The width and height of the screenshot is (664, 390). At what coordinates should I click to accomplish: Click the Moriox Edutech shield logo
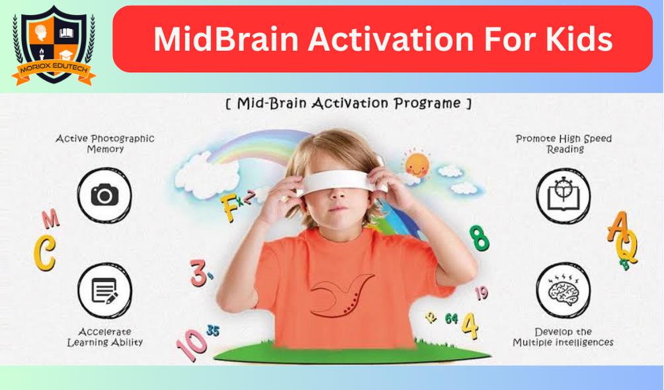pos(54,46)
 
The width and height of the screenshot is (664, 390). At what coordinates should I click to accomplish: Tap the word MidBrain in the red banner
pos(227,39)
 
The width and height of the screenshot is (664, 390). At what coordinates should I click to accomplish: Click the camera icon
pos(104,196)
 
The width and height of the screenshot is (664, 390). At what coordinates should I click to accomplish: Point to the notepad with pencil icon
pos(104,291)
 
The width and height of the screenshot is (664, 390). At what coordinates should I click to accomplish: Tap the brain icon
pos(563,290)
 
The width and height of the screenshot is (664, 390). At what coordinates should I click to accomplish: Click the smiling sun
pos(417,165)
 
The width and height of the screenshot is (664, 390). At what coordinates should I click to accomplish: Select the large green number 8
pos(479,238)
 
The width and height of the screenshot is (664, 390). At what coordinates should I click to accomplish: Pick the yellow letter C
pos(44,253)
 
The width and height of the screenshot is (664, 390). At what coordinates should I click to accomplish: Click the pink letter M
pos(51,219)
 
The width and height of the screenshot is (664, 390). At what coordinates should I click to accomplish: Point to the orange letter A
pos(618,227)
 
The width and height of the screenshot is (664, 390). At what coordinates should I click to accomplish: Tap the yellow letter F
pos(229,208)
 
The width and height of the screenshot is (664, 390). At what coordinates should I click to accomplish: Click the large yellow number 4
pos(470,326)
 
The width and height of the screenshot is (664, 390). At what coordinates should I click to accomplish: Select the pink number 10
pos(191,344)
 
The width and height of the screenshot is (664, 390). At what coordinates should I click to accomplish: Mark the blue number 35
pos(212,331)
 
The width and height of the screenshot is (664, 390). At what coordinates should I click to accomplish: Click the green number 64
pos(452,319)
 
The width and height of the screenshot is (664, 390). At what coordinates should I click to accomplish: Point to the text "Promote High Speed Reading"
pos(564,144)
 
